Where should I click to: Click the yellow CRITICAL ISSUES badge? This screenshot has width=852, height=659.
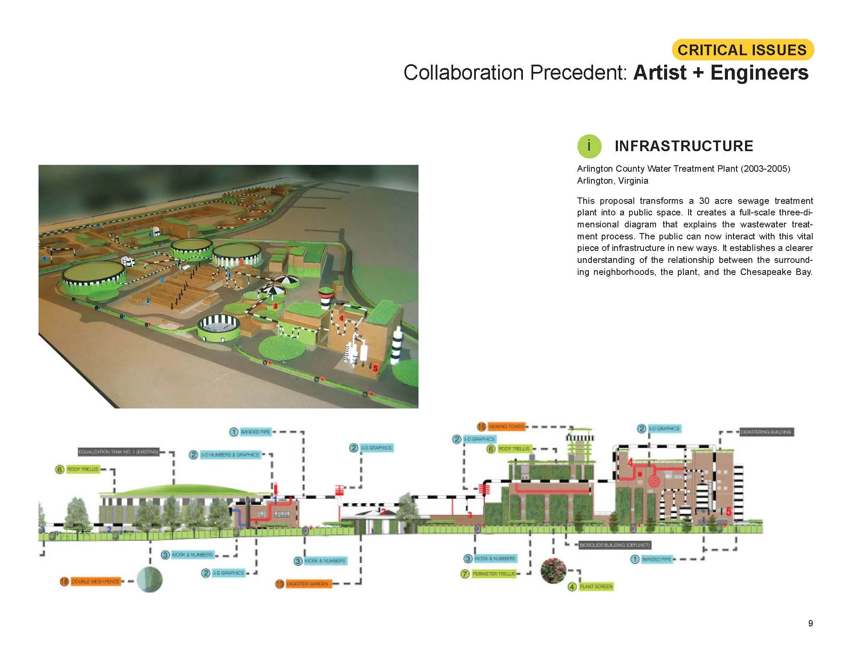[742, 50]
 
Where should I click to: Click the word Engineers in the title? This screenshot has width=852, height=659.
[759, 72]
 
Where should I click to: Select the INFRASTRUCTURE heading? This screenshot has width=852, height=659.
[683, 146]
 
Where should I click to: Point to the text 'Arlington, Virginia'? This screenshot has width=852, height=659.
[612, 181]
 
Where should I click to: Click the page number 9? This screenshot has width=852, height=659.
[810, 623]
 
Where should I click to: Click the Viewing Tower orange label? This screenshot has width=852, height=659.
[506, 426]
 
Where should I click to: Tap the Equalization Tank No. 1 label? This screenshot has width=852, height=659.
[118, 452]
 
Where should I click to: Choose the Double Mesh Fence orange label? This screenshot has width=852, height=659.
[95, 581]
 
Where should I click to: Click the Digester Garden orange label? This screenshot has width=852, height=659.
[308, 584]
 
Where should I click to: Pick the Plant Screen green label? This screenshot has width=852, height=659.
[596, 586]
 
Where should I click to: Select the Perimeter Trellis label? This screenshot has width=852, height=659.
[494, 574]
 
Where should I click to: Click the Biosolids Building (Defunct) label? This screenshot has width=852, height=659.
[614, 545]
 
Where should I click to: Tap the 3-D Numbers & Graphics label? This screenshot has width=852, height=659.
[230, 455]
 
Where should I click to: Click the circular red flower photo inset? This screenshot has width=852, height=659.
[553, 570]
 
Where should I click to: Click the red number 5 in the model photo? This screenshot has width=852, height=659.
[375, 368]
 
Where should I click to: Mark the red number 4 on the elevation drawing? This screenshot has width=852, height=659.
[630, 462]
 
